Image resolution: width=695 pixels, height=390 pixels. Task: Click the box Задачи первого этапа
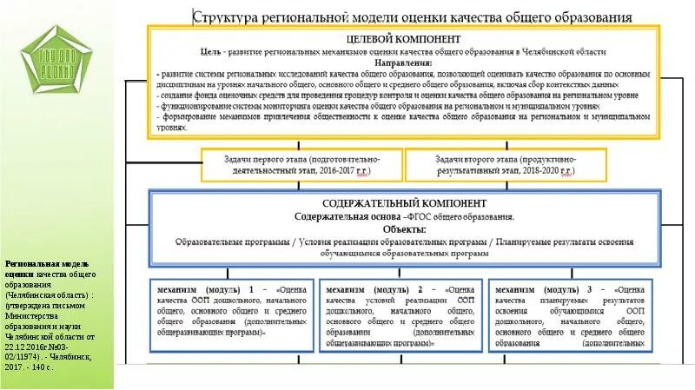click(x=301, y=165)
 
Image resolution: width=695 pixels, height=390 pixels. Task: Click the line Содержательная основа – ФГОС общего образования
click(x=403, y=217)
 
